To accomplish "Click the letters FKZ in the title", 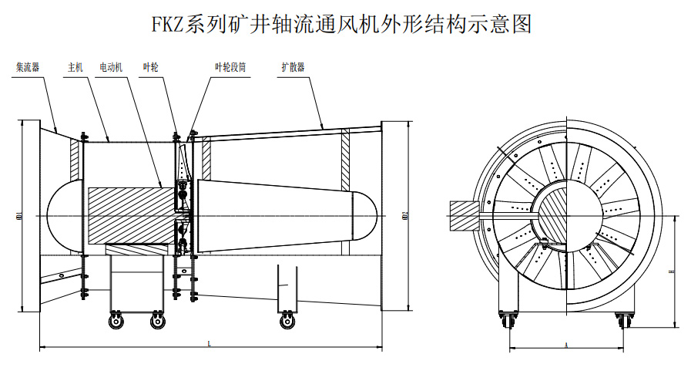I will coord(169,25).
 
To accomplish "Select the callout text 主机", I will coord(75,67).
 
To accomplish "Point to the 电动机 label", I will coord(112,67).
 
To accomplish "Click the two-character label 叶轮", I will coord(150,67).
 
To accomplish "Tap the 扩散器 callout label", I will coord(292,67).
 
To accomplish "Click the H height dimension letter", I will coord(671,271).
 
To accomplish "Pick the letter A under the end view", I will coord(566,343).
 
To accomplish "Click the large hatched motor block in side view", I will coord(123,216).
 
